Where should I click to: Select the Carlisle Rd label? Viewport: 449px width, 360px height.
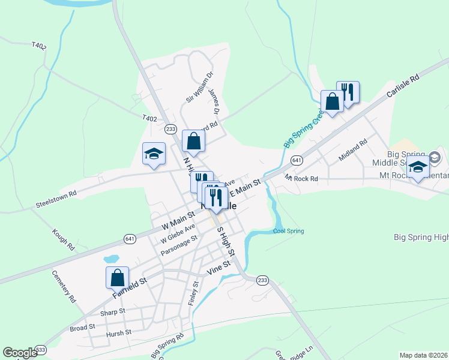[x=402, y=86]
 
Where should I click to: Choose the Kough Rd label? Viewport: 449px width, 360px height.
[x=62, y=239]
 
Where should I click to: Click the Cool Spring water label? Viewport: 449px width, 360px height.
[x=288, y=231]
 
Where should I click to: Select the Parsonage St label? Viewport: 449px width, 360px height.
[x=179, y=245]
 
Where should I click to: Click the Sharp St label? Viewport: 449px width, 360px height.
[x=113, y=312]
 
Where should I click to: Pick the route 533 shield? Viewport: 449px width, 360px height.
[x=40, y=349]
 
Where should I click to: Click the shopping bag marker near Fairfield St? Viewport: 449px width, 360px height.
[x=117, y=278]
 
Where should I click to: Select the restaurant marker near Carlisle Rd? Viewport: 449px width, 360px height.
[x=348, y=92]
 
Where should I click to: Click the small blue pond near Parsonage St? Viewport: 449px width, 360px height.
[x=111, y=259]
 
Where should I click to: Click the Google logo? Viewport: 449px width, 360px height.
[x=20, y=353]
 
